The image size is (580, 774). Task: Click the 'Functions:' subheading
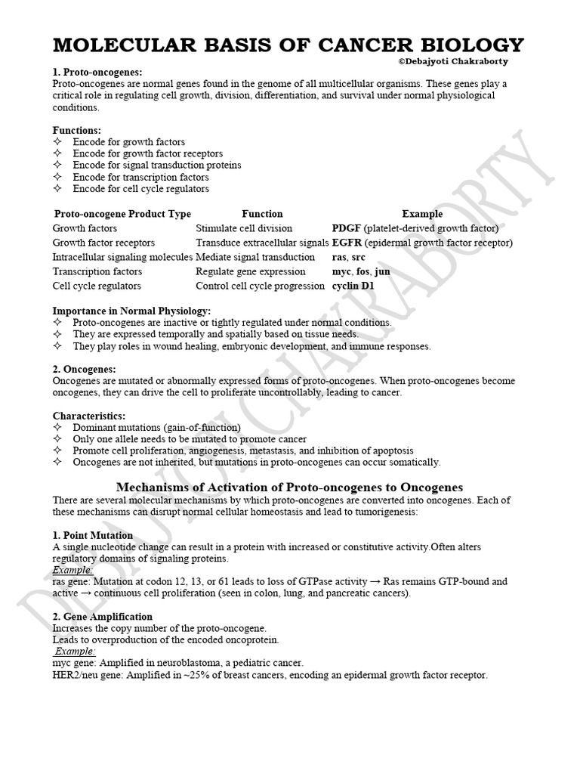pyautogui.click(x=77, y=130)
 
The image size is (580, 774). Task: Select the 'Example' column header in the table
pyautogui.click(x=422, y=214)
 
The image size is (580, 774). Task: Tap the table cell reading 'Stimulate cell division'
pyautogui.click(x=243, y=228)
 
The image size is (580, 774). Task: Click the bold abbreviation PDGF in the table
pyautogui.click(x=347, y=228)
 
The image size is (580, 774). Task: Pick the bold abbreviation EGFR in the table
pyautogui.click(x=347, y=243)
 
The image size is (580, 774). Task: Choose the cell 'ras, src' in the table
pyautogui.click(x=349, y=257)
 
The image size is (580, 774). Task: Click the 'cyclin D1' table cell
pyautogui.click(x=353, y=286)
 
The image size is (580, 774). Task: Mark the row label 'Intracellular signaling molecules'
pyautogui.click(x=122, y=257)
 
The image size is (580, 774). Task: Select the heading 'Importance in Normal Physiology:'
pyautogui.click(x=131, y=311)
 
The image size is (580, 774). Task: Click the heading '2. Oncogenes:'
pyautogui.click(x=84, y=369)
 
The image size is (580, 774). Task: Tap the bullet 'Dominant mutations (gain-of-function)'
pyautogui.click(x=156, y=427)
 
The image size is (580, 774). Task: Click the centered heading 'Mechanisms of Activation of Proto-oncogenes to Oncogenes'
pyautogui.click(x=290, y=488)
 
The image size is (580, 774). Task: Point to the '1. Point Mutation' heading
pyautogui.click(x=93, y=535)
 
